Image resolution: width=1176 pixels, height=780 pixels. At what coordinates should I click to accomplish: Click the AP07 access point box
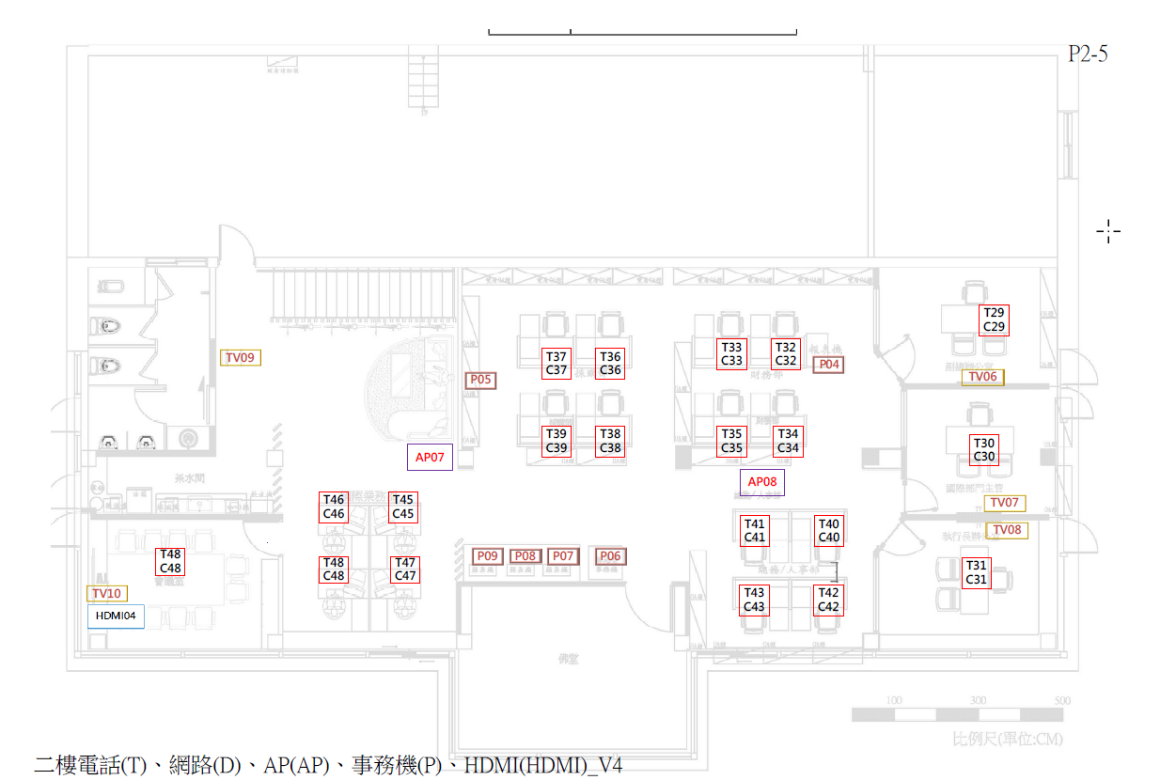(x=430, y=457)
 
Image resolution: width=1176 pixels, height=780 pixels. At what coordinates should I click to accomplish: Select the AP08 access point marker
(x=761, y=482)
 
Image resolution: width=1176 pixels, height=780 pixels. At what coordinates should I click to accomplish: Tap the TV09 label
(x=241, y=357)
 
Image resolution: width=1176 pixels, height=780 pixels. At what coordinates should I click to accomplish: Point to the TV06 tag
(x=982, y=377)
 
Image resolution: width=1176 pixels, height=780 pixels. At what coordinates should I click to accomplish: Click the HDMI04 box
(x=116, y=616)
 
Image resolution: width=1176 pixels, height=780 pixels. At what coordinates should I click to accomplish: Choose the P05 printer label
(x=480, y=380)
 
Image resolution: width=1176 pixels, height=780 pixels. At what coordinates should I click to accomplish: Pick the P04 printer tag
(x=828, y=365)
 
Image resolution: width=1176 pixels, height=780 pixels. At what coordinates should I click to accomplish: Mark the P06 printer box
(x=610, y=556)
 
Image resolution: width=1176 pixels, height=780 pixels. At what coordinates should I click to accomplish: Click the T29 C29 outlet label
(x=994, y=320)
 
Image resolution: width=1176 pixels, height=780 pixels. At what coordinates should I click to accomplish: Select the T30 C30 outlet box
(x=984, y=450)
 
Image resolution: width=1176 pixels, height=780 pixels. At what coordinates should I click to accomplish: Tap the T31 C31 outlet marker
(x=976, y=572)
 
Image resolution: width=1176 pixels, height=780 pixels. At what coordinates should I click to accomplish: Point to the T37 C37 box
(x=557, y=363)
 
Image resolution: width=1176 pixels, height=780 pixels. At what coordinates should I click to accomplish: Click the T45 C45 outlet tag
(x=403, y=507)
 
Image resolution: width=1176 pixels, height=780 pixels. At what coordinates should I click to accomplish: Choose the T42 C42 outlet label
(x=828, y=600)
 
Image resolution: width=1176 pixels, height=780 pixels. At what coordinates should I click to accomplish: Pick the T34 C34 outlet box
(x=788, y=441)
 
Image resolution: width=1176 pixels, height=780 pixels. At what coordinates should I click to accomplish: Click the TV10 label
(x=106, y=594)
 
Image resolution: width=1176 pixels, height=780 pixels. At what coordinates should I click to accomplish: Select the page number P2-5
(x=1088, y=54)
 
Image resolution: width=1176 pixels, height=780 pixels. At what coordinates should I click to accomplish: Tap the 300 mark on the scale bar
(x=978, y=701)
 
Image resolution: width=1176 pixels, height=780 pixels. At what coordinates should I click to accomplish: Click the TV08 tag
(x=1006, y=530)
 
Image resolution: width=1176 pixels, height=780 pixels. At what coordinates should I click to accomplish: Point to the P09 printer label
(x=486, y=556)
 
